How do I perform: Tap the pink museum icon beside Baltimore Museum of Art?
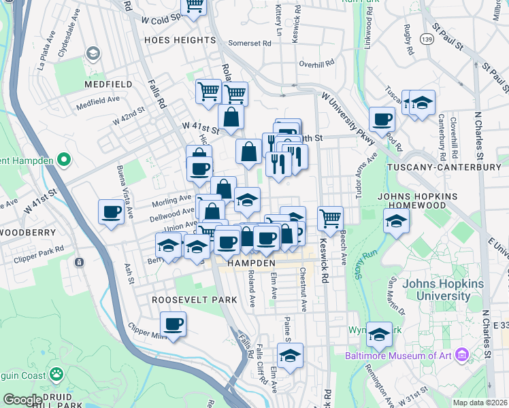[463, 355]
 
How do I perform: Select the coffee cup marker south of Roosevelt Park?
[174, 324]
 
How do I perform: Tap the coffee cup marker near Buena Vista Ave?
[111, 211]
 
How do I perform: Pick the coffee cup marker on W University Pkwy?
[382, 119]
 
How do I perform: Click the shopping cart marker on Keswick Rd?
[330, 218]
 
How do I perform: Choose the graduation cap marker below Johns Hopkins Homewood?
[396, 221]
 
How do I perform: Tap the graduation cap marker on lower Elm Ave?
[291, 355]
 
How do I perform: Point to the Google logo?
[22, 400]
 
